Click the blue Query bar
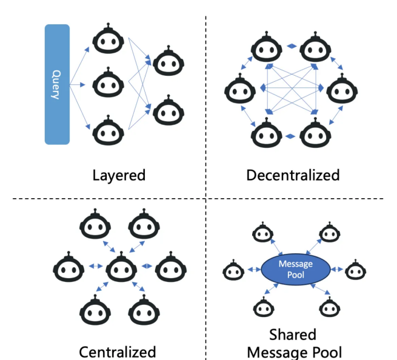click(x=57, y=84)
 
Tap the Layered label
click(x=119, y=176)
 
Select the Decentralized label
click(x=293, y=176)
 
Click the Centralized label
click(x=118, y=352)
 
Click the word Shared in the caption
click(x=293, y=335)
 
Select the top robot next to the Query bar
click(x=107, y=41)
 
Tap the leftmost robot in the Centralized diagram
click(x=69, y=268)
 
